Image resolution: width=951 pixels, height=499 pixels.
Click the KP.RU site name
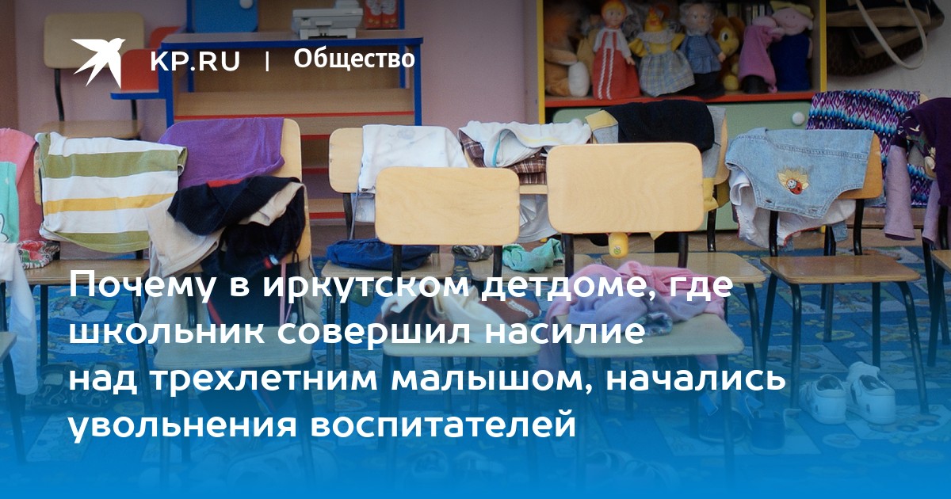195,61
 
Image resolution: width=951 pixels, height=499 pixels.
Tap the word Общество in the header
354,59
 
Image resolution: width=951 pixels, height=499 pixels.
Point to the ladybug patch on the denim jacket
792,180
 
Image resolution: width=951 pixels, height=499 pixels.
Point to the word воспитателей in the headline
443,425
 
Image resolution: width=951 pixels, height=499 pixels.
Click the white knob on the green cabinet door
798,117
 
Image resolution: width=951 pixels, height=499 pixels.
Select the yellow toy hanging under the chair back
617,246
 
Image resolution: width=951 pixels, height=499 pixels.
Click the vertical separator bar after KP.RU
267,62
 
